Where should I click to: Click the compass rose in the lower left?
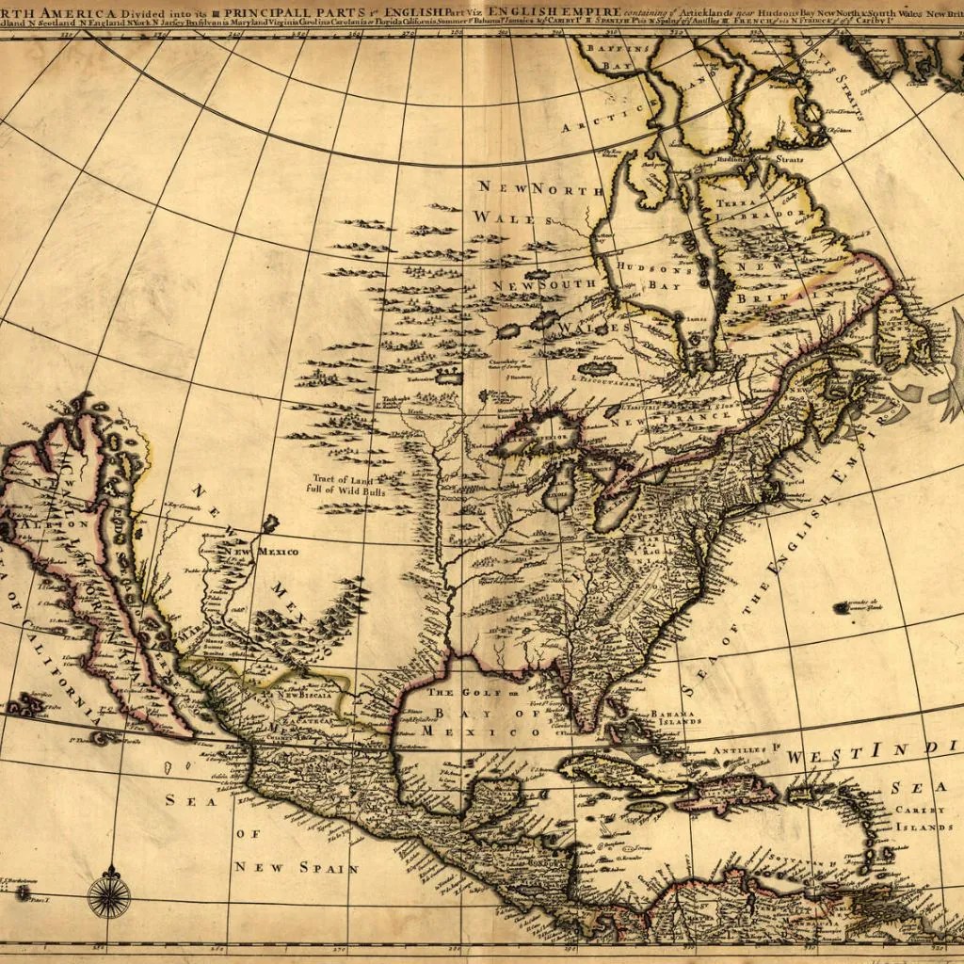click(108, 892)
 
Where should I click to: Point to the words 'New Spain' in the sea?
click(297, 867)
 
